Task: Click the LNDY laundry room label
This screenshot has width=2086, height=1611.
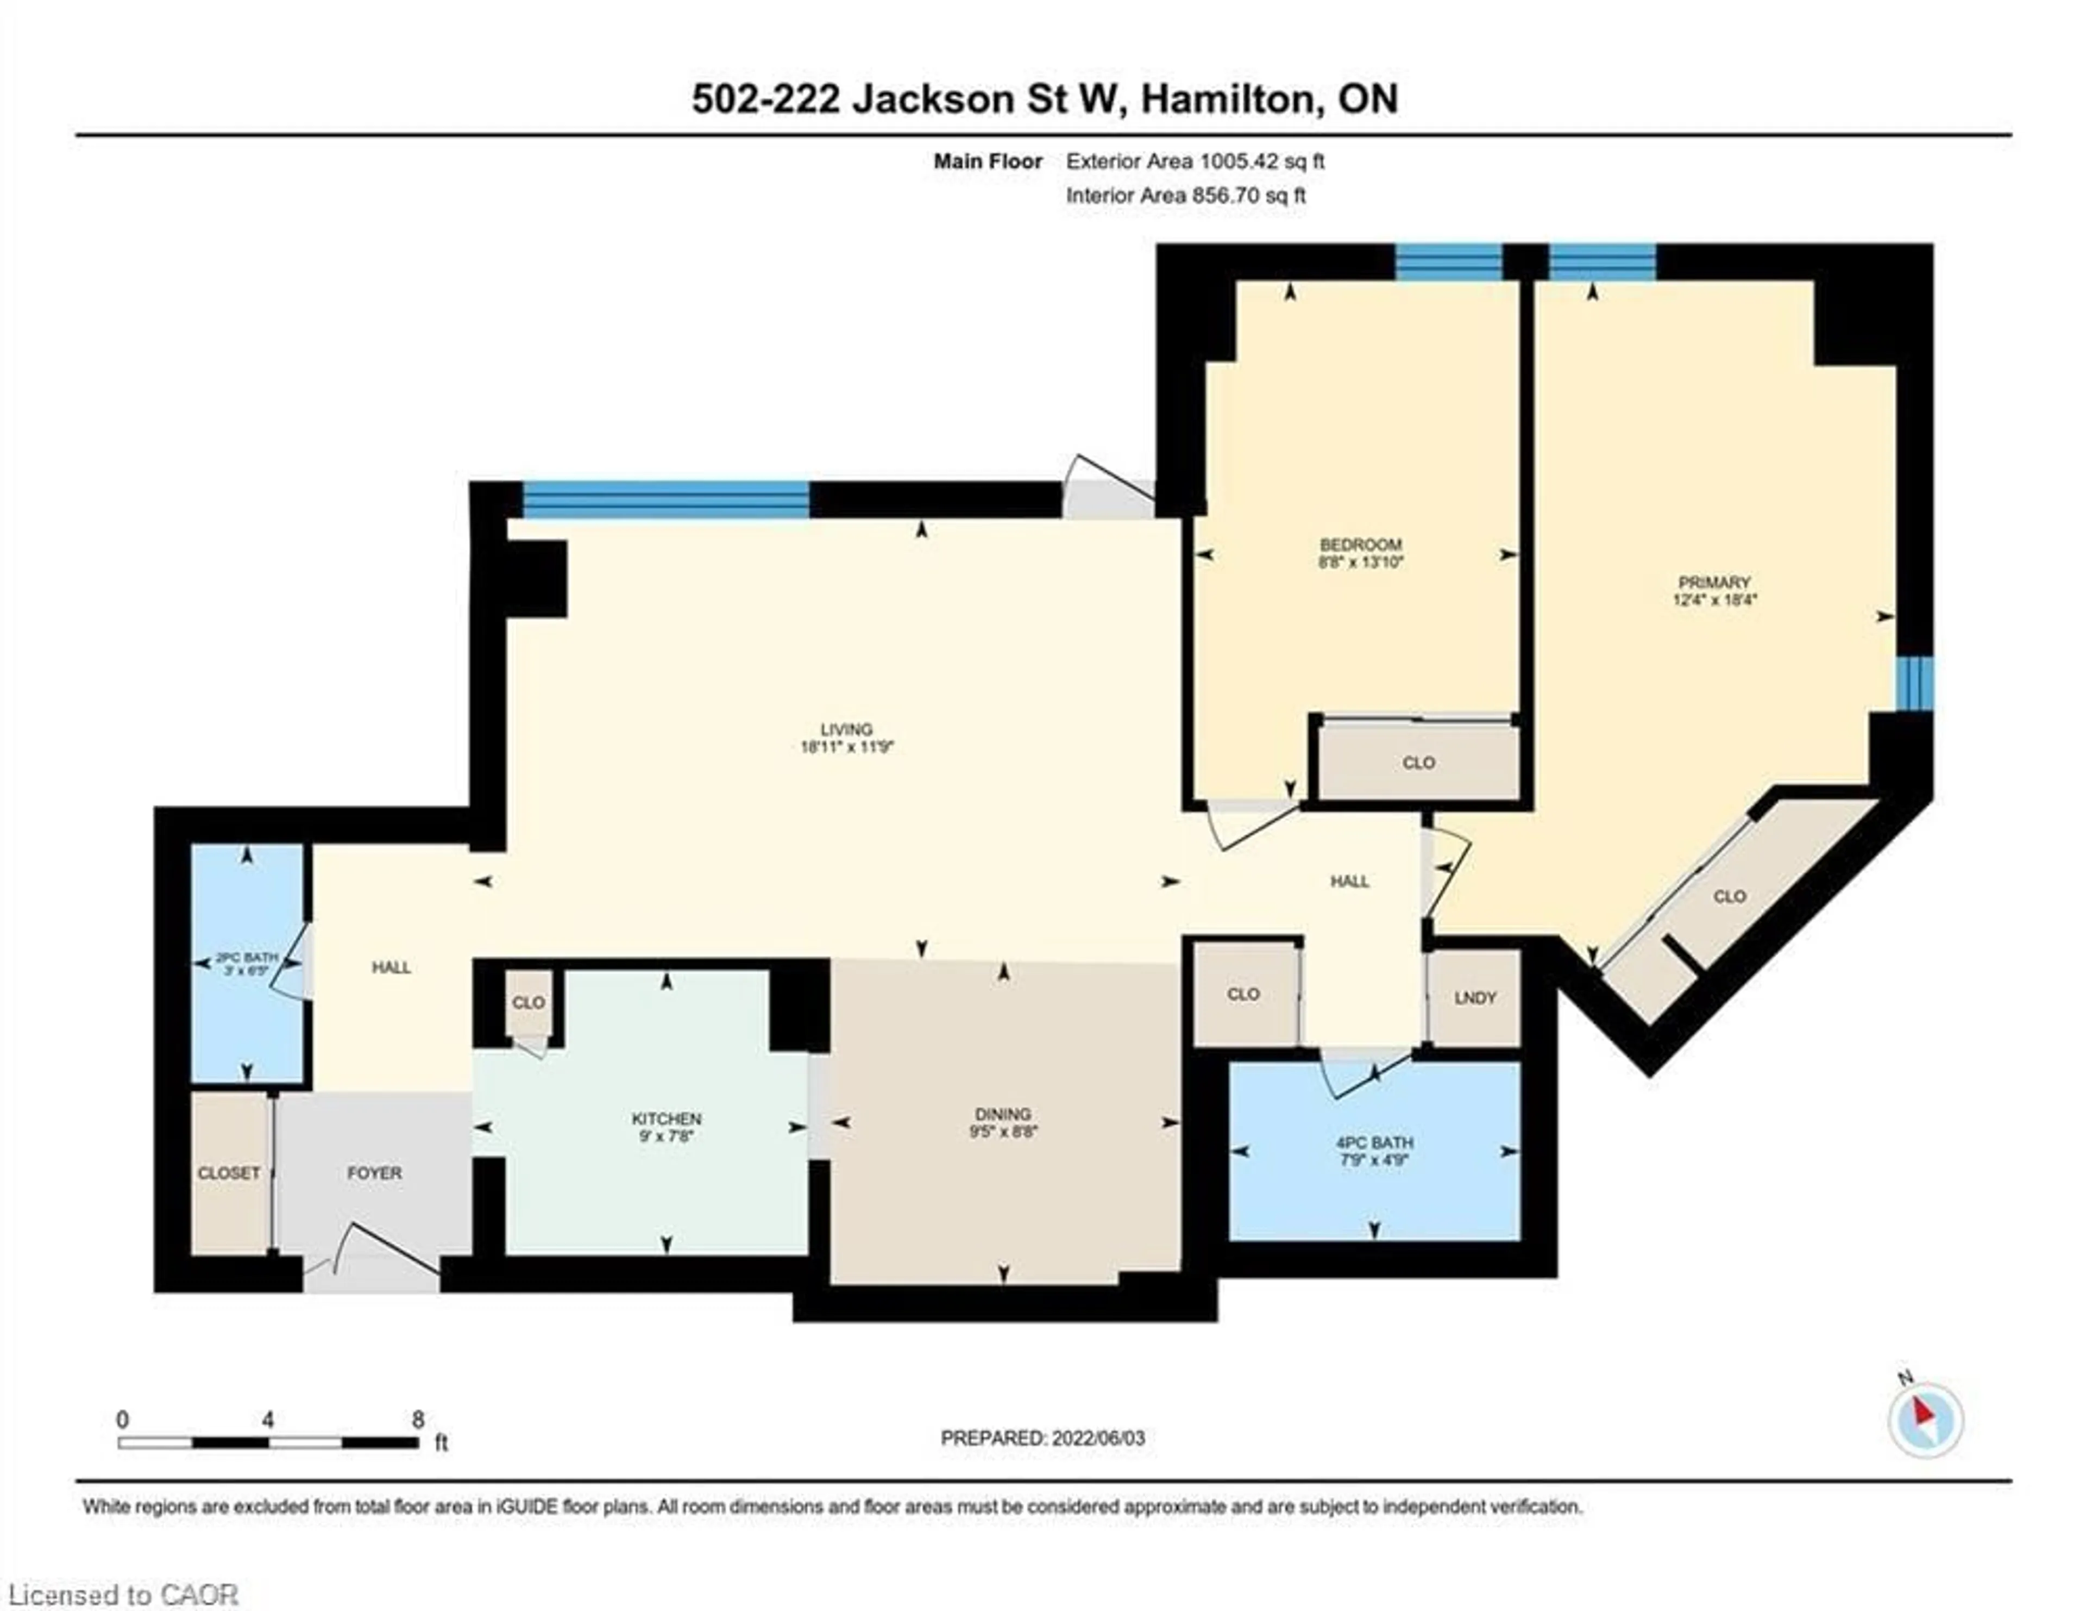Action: coord(1475,997)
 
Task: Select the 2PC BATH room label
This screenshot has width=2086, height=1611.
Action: coord(247,957)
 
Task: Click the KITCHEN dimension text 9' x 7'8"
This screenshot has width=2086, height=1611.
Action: coord(667,1136)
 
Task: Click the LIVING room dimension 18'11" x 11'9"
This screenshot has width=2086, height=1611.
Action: coord(846,747)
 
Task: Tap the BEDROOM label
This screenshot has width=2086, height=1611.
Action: coord(1360,545)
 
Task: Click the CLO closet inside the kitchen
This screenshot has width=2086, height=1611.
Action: coord(528,1002)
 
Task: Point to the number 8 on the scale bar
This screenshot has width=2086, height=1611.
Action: coord(417,1420)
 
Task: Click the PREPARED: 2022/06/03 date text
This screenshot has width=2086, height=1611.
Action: coord(1042,1438)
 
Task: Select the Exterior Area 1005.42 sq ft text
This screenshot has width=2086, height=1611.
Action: coord(1195,161)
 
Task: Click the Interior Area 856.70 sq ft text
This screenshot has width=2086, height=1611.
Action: coord(1185,196)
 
